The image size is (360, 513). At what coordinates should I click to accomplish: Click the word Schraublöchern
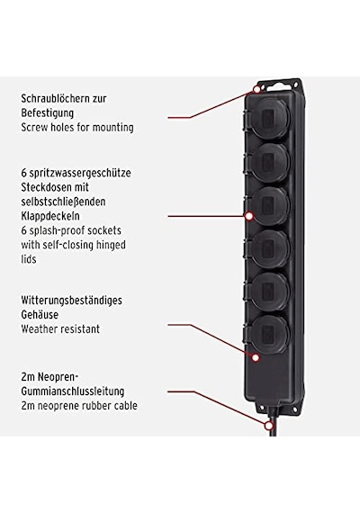(x=54, y=98)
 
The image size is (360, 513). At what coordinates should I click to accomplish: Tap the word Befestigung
(x=48, y=113)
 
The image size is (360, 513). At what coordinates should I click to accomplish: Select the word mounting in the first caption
(x=112, y=127)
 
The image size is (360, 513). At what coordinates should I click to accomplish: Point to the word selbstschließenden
(x=63, y=202)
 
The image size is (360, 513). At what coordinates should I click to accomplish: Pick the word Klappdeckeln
(x=50, y=216)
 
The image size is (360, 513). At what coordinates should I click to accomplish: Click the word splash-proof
(x=56, y=230)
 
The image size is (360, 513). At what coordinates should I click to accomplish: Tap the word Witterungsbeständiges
(x=71, y=301)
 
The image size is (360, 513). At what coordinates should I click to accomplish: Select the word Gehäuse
(x=40, y=315)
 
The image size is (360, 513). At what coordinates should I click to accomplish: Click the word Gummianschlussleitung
(x=73, y=391)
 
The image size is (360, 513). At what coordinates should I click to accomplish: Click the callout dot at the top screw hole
(x=257, y=89)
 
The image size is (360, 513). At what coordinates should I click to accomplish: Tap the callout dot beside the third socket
(x=249, y=216)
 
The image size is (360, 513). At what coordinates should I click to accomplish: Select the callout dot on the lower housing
(x=256, y=357)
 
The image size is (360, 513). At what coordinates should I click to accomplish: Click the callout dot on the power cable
(x=269, y=426)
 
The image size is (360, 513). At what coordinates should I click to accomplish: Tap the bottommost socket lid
(x=269, y=333)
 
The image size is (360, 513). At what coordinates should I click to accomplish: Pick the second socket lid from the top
(x=269, y=162)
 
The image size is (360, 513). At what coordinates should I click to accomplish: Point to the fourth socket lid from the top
(x=269, y=248)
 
